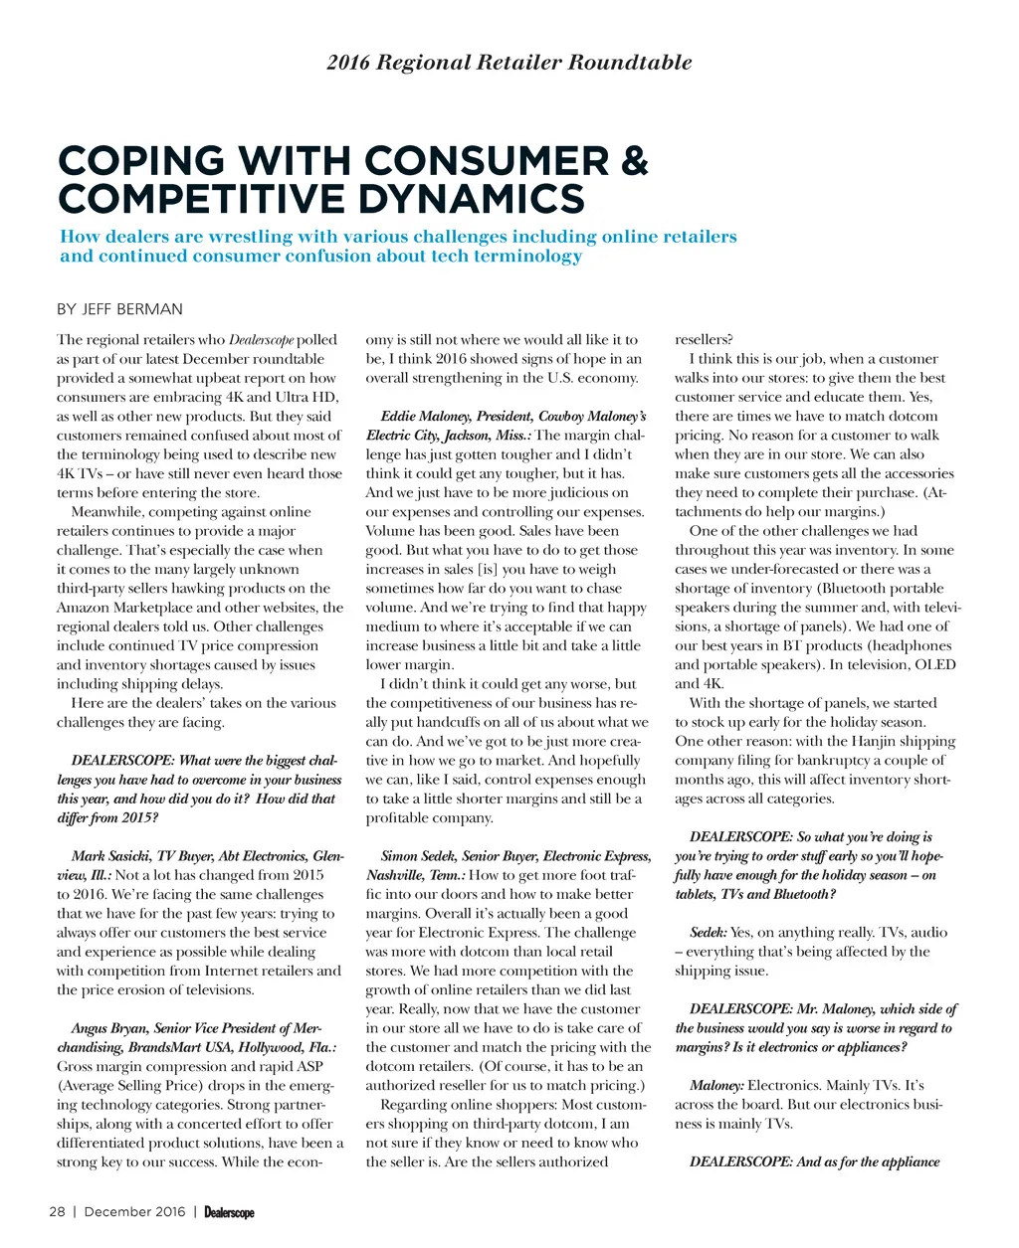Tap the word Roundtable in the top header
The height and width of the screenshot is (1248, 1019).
click(630, 62)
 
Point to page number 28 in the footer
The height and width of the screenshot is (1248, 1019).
click(58, 1211)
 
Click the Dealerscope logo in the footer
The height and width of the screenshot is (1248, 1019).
click(229, 1212)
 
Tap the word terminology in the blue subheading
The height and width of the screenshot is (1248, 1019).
click(507, 256)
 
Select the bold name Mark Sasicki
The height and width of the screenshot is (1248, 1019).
click(110, 856)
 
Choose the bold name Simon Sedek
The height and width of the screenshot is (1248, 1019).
click(418, 856)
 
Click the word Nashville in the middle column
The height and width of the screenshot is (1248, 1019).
click(396, 875)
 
